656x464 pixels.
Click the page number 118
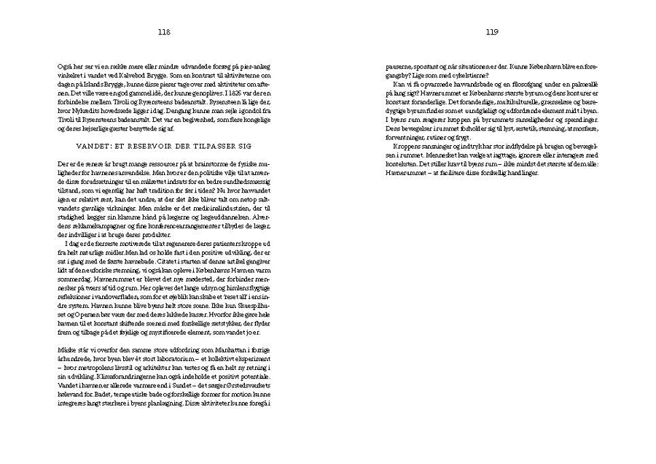point(163,32)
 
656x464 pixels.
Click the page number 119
point(492,32)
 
